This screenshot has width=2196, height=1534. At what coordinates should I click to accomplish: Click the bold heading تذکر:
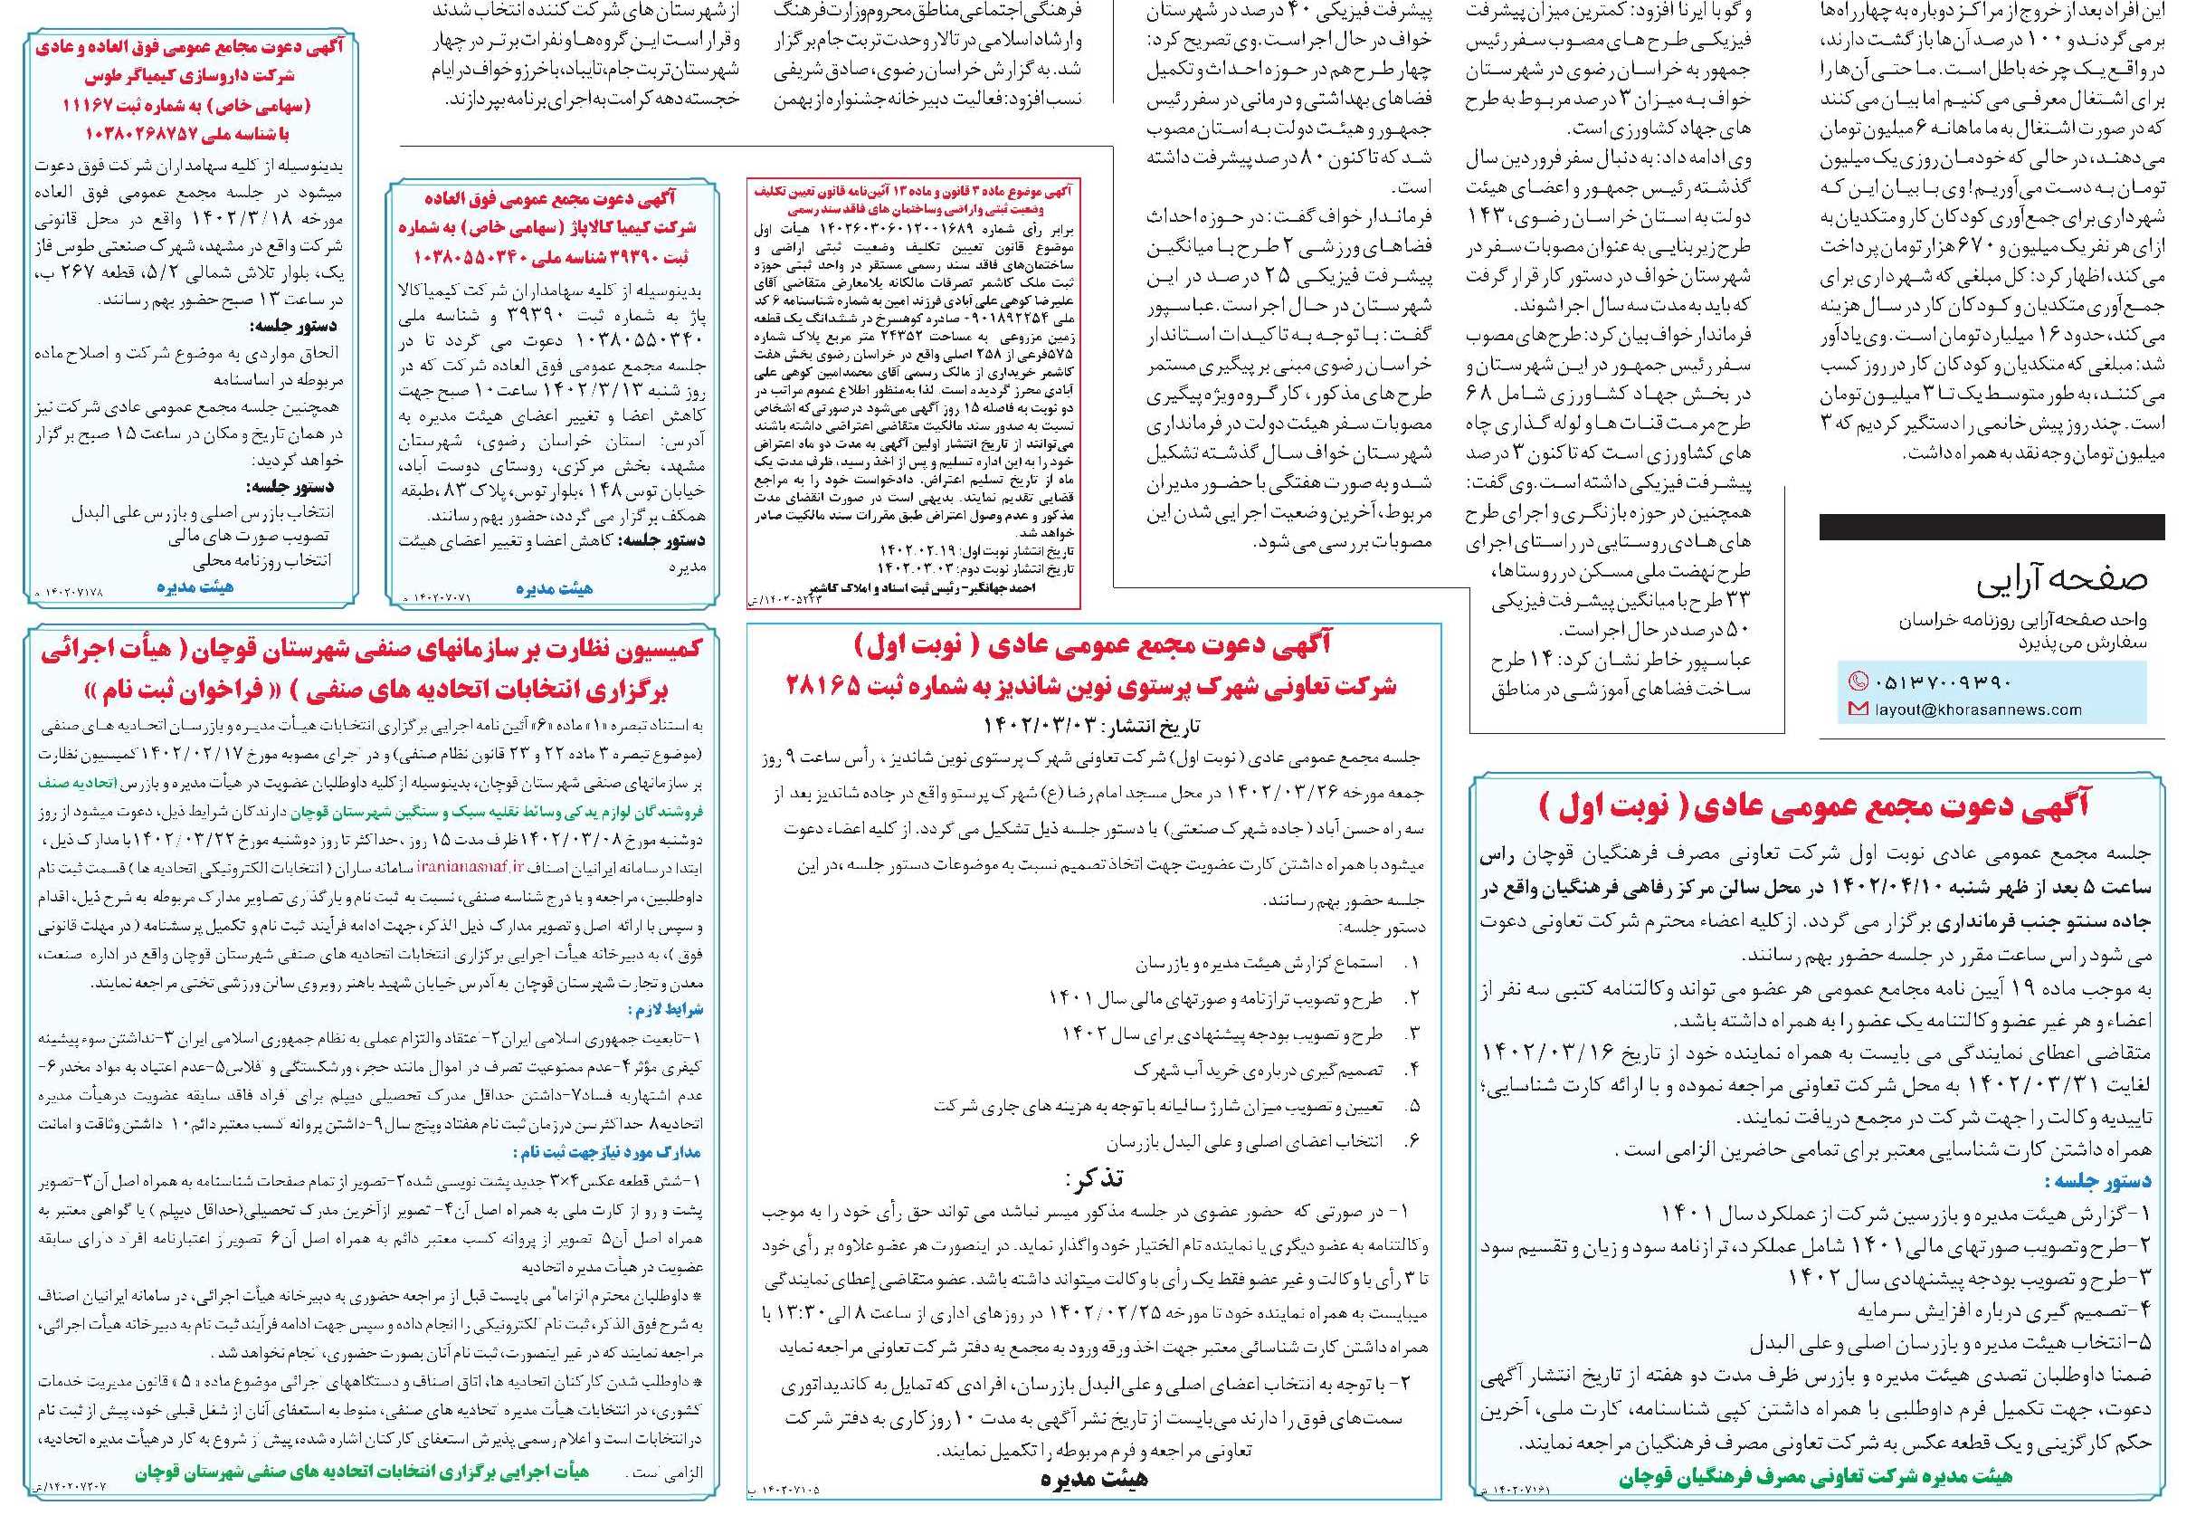pyautogui.click(x=1094, y=1177)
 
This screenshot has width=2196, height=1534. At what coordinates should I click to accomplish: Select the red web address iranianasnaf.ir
pyautogui.click(x=483, y=866)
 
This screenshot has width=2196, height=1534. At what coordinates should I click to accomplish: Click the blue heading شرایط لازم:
pyautogui.click(x=666, y=1011)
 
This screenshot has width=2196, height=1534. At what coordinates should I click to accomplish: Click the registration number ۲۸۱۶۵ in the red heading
pyautogui.click(x=843, y=686)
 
